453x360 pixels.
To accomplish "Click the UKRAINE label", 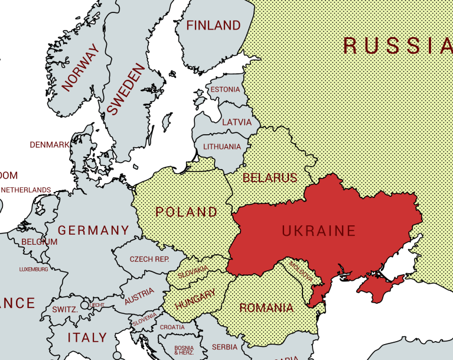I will click(x=319, y=231).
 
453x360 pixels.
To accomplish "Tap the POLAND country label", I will click(x=186, y=212).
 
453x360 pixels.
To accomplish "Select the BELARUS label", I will click(x=269, y=177).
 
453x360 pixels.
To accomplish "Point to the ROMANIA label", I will click(x=266, y=308).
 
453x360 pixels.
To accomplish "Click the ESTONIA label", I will click(x=225, y=90).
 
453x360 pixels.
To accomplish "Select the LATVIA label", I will click(x=236, y=123).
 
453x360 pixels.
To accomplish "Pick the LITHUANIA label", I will click(x=222, y=147).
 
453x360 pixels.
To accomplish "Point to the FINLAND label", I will click(x=213, y=25).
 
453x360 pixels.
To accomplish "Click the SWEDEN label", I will click(x=126, y=89).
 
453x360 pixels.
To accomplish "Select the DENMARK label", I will click(x=50, y=145).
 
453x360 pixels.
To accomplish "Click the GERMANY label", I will click(x=93, y=231).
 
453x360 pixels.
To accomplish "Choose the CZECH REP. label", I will click(x=149, y=259).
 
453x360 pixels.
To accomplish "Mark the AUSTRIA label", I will click(x=139, y=296).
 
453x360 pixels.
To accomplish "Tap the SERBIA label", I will click(x=224, y=347).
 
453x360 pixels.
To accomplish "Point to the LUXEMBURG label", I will click(x=34, y=270).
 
